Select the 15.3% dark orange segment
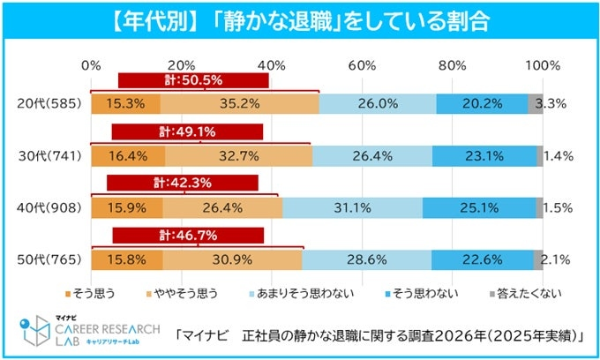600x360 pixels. [x=124, y=103]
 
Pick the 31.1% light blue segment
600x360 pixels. [x=352, y=208]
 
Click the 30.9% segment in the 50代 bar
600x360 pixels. [x=233, y=260]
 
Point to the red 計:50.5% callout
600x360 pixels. [x=193, y=80]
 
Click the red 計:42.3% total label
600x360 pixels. [x=183, y=183]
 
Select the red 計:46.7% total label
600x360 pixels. [x=188, y=235]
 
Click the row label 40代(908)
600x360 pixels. [x=50, y=208]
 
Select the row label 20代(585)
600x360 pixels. [x=50, y=103]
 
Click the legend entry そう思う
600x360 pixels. [x=91, y=291]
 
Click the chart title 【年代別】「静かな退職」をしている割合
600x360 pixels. [x=299, y=19]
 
